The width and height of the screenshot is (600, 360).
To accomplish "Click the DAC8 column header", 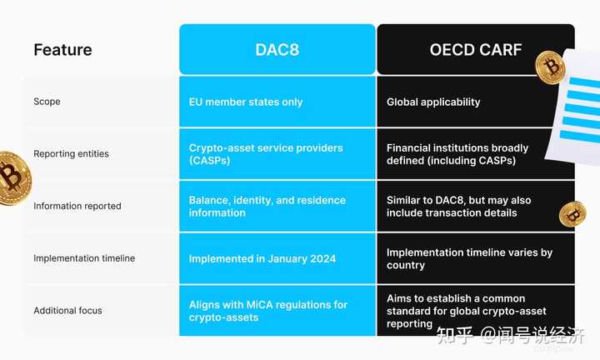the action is [x=277, y=50].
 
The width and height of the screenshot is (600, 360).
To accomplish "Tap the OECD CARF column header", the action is [x=476, y=50].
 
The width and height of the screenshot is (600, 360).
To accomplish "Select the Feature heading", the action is [x=62, y=50].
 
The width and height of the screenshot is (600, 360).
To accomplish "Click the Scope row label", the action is [x=47, y=102].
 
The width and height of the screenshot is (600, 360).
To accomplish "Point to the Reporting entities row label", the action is [x=71, y=154].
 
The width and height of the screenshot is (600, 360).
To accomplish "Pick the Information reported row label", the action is [x=77, y=206].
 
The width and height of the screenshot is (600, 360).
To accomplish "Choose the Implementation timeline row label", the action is [x=84, y=258].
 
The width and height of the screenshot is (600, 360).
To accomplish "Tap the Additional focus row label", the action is [x=67, y=310].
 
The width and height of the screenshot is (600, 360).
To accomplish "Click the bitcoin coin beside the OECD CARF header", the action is [x=550, y=67].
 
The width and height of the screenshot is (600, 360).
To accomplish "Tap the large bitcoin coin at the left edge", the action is [x=13, y=178].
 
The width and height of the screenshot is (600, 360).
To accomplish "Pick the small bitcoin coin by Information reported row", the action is [x=572, y=214].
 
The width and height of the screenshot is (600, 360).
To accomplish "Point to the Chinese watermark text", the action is [x=511, y=336].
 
